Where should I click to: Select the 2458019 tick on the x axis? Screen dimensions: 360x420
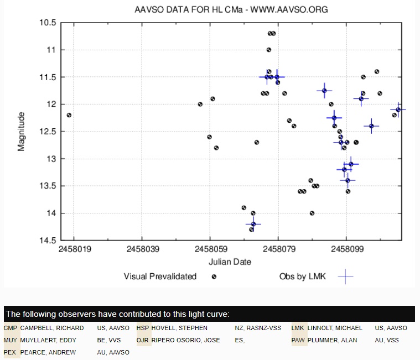[x=74, y=249]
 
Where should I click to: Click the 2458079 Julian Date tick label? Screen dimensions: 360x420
[x=278, y=249]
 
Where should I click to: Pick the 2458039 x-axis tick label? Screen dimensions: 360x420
[x=142, y=249]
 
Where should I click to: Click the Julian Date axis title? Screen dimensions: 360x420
[x=230, y=262]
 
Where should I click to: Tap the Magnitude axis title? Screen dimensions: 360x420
[x=22, y=132]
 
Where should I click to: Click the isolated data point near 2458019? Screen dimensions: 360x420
[x=69, y=115]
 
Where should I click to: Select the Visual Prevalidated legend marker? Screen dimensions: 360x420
[x=214, y=276]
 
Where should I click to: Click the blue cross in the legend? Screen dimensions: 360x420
[x=345, y=276]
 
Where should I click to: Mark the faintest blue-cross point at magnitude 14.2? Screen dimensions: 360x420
[x=253, y=224]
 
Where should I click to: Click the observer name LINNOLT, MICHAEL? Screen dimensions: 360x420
[x=335, y=328]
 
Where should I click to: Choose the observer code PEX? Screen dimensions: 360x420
[x=10, y=352]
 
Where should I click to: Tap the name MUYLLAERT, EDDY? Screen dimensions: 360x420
[x=48, y=340]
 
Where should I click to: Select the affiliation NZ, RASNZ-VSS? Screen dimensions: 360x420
[x=259, y=328]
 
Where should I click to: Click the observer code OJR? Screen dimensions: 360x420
[x=143, y=340]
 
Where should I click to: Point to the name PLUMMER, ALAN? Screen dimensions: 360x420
[x=332, y=340]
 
